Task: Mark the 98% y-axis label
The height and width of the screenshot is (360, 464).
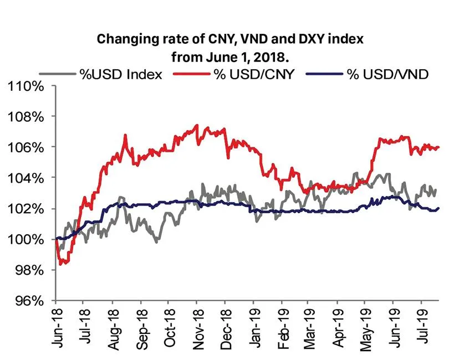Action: tap(29, 270)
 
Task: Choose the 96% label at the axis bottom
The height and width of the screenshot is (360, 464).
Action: tap(29, 301)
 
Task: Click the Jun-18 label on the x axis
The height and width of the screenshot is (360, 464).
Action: tap(57, 327)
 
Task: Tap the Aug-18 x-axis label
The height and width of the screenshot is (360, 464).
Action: tap(113, 327)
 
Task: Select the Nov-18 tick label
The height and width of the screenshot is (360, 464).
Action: tap(197, 327)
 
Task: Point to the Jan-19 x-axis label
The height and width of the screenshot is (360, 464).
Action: tap(254, 327)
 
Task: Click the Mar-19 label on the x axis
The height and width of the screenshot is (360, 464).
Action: tap(310, 327)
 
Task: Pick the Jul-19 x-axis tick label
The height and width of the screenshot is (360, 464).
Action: tap(422, 327)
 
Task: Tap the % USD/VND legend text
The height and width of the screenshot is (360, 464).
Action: tap(387, 74)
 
